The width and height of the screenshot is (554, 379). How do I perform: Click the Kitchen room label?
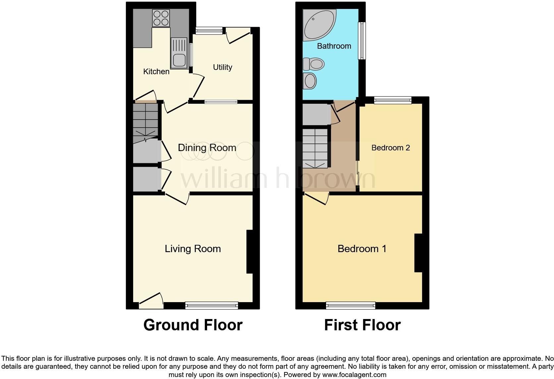click(156, 72)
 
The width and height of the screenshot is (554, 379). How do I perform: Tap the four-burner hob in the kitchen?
click(161, 18)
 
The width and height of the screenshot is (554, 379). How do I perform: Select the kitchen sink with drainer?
click(179, 53)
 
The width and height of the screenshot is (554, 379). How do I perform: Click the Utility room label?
click(222, 67)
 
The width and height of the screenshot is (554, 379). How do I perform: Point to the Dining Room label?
click(207, 148)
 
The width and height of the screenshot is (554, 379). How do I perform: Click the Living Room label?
click(193, 249)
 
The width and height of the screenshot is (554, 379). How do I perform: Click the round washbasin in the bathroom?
click(310, 81)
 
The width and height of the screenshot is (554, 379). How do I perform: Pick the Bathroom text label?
click(334, 46)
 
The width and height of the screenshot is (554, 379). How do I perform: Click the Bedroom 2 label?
click(390, 148)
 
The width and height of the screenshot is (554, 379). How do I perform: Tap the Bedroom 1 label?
click(362, 249)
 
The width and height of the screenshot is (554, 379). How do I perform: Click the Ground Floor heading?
click(193, 325)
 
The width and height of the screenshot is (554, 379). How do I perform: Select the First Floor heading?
click(362, 325)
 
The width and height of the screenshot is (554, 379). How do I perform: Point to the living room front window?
click(212, 305)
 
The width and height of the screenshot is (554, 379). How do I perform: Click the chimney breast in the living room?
click(250, 252)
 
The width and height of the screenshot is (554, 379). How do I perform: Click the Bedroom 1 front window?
click(351, 305)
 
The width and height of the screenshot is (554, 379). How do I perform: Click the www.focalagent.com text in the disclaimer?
click(354, 375)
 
